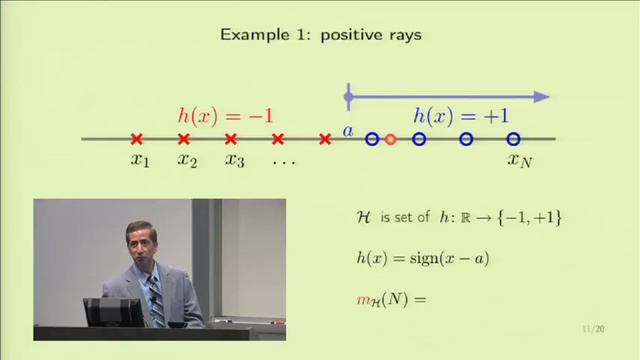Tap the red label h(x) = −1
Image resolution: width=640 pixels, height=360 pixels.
[225, 115]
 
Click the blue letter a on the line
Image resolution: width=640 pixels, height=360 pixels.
[348, 130]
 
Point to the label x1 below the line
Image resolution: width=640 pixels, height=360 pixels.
[139, 160]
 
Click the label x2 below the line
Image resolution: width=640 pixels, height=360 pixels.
[187, 160]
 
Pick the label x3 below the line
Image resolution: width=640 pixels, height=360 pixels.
[234, 160]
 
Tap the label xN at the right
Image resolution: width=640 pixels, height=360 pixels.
[519, 160]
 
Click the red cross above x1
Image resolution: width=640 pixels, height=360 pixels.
[137, 139]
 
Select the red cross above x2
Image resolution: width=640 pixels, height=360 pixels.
[184, 139]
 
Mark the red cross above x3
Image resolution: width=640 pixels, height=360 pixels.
[231, 139]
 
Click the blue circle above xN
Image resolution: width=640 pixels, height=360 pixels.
[513, 139]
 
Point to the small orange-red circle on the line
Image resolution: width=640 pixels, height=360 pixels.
[391, 139]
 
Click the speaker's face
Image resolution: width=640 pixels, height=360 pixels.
[140, 246]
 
